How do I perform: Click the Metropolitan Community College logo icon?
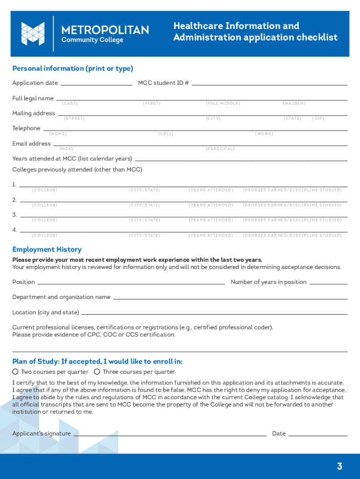tap(33, 34)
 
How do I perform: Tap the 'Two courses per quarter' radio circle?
tap(15, 372)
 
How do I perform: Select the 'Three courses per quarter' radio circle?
tap(97, 372)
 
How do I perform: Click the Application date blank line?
tap(96, 85)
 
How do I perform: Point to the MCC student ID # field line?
tap(269, 85)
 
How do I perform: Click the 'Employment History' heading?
tap(47, 249)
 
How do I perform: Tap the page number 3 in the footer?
tap(339, 466)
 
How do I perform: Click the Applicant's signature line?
tap(170, 435)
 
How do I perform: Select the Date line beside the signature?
tap(318, 435)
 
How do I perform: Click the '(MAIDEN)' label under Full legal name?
tap(294, 103)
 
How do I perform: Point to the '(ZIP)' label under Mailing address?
tap(318, 118)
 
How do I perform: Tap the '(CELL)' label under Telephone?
tap(166, 134)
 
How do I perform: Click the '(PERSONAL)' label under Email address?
tap(220, 149)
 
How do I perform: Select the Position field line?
tap(131, 283)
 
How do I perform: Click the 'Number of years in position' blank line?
tap(328, 283)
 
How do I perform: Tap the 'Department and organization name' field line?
tap(230, 298)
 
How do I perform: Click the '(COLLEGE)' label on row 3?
tap(45, 220)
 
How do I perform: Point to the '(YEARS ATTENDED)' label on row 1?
tap(211, 190)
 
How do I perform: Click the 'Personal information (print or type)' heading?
tap(72, 69)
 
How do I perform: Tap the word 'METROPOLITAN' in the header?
tap(105, 30)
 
